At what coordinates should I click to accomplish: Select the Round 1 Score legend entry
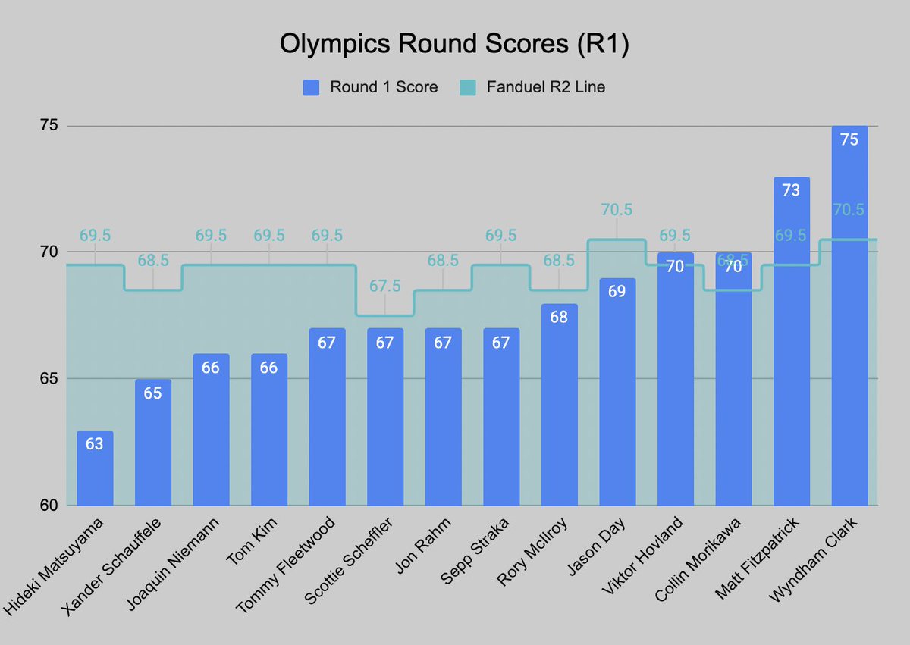(370, 87)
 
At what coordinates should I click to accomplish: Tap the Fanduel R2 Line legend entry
(532, 87)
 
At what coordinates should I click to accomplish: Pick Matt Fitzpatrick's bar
(792, 341)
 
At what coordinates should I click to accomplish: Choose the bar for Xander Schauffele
(153, 443)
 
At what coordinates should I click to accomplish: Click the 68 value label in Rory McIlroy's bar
(559, 317)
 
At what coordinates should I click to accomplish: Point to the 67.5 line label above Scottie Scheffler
(385, 286)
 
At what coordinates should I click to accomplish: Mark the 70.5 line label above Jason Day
(617, 210)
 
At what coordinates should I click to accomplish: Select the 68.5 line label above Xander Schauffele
(153, 260)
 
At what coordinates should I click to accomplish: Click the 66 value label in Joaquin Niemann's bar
(211, 368)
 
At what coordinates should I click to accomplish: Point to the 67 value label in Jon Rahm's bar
(443, 343)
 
